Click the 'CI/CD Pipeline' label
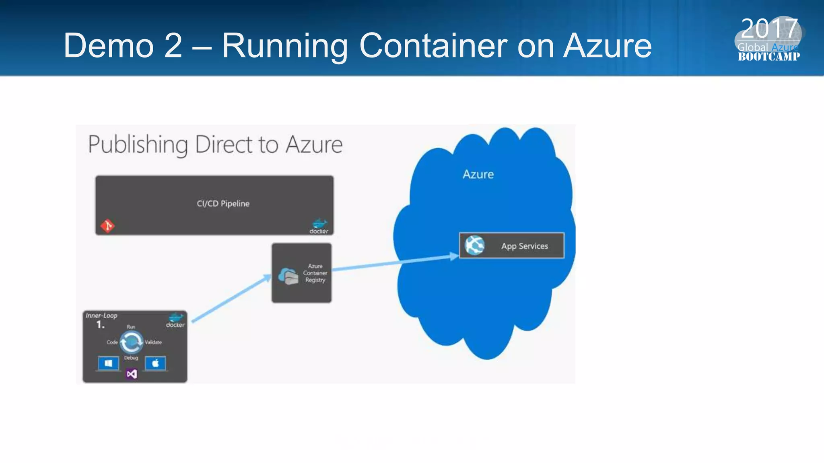[x=223, y=204]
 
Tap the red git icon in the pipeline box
[x=107, y=226]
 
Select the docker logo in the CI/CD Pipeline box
[x=319, y=226]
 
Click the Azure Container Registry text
[x=315, y=273]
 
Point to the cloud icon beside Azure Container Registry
[x=288, y=276]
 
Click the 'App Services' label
[x=524, y=246]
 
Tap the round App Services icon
[x=474, y=245]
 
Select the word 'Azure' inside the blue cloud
[x=478, y=174]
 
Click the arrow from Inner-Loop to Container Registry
[x=231, y=299]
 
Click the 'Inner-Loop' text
[x=101, y=315]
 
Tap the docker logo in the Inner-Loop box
[x=175, y=320]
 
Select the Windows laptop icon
[x=108, y=364]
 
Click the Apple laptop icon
[x=155, y=364]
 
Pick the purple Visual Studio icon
[x=132, y=374]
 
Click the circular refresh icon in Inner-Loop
[x=131, y=342]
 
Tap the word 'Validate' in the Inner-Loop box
[x=153, y=342]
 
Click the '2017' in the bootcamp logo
[x=769, y=29]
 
